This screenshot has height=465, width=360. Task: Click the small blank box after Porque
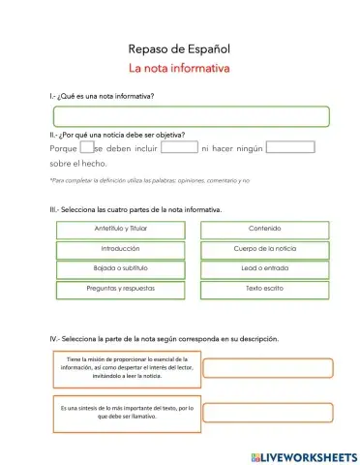86,148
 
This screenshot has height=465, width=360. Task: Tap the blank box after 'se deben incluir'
179,148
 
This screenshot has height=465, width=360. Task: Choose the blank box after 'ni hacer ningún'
290,148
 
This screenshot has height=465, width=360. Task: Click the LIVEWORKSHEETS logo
303,455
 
